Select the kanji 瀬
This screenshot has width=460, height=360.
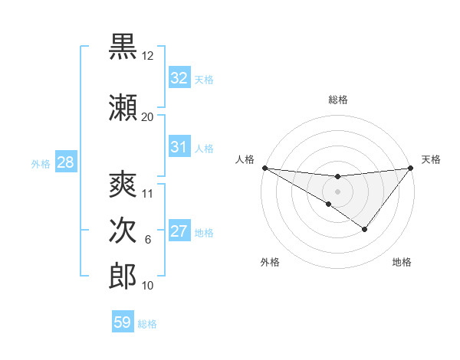point(123,108)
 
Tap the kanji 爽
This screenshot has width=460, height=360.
point(123,184)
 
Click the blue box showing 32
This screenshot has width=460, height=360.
point(179,78)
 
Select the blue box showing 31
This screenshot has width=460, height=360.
point(179,147)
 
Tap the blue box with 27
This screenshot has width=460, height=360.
point(179,231)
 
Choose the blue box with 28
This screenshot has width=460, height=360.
point(65,162)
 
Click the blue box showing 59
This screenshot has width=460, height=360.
point(122,322)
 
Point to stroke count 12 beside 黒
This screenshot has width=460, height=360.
point(148,56)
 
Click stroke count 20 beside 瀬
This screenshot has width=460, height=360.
point(148,116)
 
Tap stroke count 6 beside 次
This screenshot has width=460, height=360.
point(148,240)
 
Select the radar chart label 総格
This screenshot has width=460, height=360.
point(338,100)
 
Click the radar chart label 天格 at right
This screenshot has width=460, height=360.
point(431,159)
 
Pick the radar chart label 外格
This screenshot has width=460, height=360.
point(270,262)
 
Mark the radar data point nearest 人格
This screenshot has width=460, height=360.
point(264,168)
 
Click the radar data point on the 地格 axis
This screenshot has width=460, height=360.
point(365,229)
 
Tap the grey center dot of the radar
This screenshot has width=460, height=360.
point(337,190)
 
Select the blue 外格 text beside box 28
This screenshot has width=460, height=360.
point(40,163)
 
